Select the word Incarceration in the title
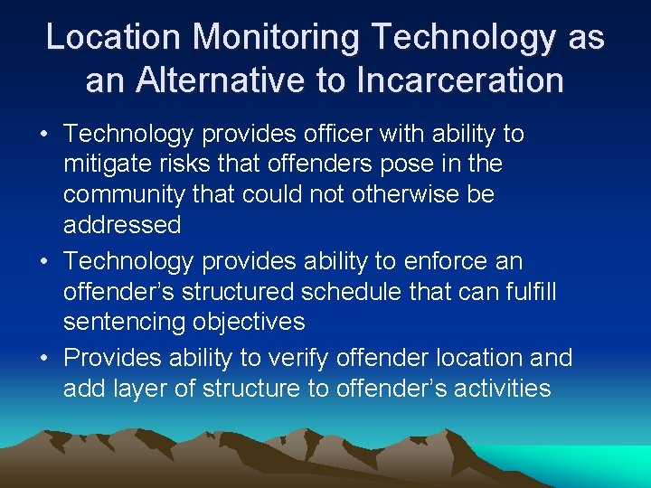[x=461, y=80]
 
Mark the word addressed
[x=122, y=224]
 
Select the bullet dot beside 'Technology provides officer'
[x=45, y=136]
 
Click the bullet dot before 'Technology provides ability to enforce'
[x=45, y=263]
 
